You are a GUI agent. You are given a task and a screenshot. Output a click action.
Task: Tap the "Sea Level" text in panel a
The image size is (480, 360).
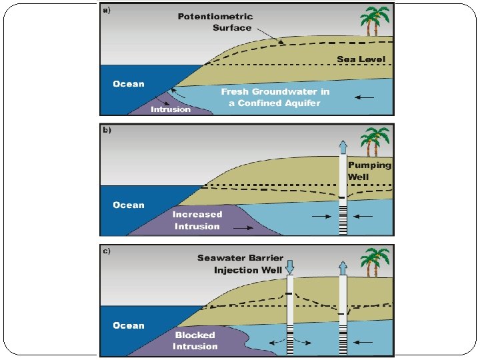click(x=361, y=59)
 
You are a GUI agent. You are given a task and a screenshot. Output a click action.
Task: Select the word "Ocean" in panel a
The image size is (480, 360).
click(x=129, y=83)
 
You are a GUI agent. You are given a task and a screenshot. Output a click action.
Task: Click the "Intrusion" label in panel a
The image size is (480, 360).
click(x=171, y=109)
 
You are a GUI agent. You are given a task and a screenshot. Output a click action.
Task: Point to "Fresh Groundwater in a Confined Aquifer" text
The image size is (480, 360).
click(x=275, y=97)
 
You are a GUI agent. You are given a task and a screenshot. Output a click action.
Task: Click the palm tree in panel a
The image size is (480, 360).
click(x=375, y=21)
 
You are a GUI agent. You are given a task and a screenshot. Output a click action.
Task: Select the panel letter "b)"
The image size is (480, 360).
click(x=107, y=130)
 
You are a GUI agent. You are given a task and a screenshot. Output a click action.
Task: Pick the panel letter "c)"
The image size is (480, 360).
click(x=107, y=251)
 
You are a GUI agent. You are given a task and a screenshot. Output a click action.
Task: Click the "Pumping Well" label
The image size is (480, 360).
click(x=369, y=171)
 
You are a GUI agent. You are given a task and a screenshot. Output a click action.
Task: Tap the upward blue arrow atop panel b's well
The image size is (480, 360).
click(x=343, y=147)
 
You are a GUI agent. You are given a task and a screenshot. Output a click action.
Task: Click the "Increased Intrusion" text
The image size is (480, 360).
click(x=197, y=220)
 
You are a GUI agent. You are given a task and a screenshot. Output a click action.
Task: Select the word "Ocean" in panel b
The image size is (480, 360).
click(x=129, y=205)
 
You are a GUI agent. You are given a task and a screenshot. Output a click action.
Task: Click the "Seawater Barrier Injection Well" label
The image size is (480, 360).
click(x=240, y=264)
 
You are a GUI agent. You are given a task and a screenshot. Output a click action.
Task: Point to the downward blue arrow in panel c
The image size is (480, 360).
click(x=289, y=267)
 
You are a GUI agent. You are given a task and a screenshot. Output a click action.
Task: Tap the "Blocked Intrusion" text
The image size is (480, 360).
click(x=195, y=341)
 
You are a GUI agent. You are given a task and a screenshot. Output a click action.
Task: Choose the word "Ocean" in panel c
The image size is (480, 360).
click(x=129, y=325)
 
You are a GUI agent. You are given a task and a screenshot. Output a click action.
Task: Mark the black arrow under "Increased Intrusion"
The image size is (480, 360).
click(x=243, y=228)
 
